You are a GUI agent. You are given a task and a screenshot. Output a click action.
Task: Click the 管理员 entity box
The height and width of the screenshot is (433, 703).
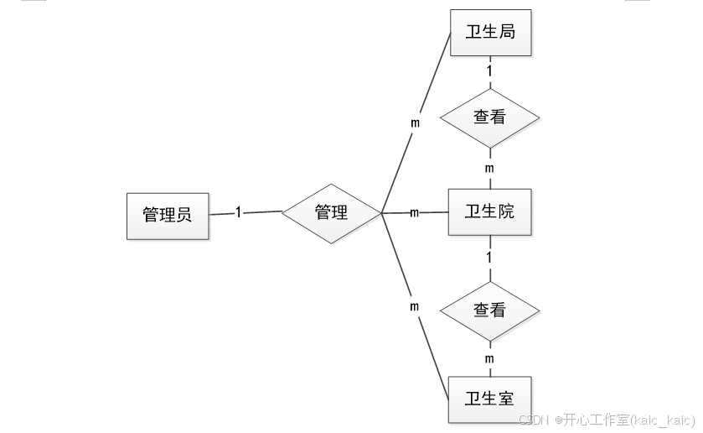(168, 215)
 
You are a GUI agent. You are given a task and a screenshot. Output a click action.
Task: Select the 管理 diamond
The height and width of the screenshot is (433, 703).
(331, 213)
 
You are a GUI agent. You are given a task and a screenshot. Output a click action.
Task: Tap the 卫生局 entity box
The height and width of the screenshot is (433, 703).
(490, 33)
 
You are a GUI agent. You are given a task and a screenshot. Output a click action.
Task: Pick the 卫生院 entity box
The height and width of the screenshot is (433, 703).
(490, 211)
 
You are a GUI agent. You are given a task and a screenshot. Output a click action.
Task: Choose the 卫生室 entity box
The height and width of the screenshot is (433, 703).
(490, 396)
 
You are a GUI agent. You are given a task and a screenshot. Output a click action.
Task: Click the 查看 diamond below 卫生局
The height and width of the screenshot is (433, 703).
(490, 117)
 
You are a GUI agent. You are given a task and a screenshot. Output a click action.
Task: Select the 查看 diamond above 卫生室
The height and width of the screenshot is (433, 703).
(490, 310)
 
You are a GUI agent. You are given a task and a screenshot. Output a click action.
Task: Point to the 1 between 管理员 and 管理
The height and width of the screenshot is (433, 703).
(238, 212)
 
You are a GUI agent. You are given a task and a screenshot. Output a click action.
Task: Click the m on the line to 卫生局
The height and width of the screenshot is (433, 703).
(414, 122)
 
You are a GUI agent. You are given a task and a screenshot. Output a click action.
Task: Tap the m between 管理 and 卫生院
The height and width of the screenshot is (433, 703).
(414, 212)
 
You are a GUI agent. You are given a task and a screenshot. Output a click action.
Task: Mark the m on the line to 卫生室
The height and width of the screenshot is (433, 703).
(414, 306)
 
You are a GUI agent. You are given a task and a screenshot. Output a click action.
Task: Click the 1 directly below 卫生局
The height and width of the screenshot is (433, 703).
(490, 71)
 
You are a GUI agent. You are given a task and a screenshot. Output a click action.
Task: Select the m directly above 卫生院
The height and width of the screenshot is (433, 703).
(490, 169)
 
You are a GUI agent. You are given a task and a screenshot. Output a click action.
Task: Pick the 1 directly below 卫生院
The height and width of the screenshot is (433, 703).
(490, 255)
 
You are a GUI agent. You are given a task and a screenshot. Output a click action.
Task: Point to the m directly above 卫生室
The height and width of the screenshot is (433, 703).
(490, 359)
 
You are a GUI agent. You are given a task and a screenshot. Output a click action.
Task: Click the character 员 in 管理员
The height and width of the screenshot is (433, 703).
(184, 215)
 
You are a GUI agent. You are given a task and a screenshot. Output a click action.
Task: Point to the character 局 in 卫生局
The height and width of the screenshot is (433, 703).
(506, 33)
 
